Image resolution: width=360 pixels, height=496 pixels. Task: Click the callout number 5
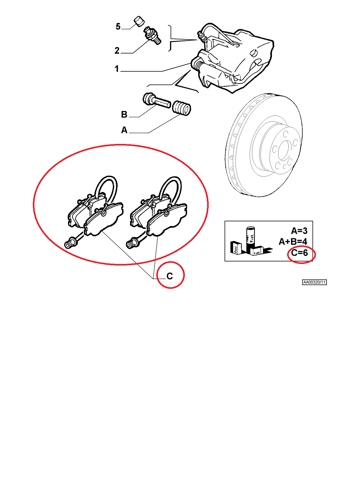tap(118, 26)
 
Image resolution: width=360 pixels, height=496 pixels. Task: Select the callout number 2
tap(117, 51)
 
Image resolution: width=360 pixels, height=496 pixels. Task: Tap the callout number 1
tap(117, 69)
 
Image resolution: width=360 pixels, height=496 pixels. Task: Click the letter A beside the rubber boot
tap(124, 130)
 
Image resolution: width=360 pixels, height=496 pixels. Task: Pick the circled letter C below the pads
tap(170, 276)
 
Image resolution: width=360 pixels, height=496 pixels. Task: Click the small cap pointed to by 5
tap(139, 21)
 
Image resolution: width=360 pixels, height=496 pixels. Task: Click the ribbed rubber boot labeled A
tap(181, 108)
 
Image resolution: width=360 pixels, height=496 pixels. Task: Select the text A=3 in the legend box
tap(299, 231)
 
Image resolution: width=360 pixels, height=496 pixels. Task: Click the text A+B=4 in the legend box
tap(293, 242)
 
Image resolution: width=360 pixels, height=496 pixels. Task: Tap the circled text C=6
tap(299, 252)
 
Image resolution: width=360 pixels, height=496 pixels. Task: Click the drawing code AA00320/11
tap(314, 282)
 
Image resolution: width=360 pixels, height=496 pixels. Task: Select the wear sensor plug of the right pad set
tap(132, 243)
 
